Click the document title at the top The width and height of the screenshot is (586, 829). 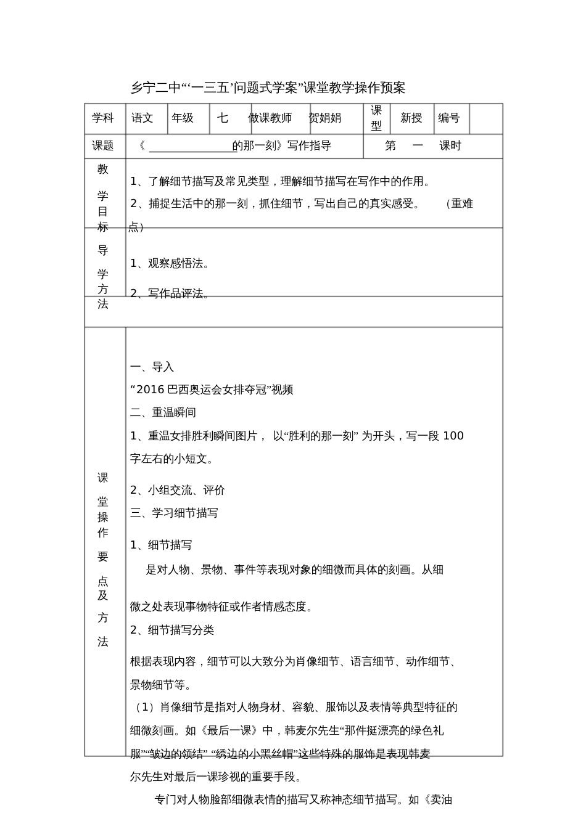click(x=268, y=88)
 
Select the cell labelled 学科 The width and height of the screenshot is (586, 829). click(x=103, y=118)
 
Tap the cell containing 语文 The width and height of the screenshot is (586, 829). click(x=142, y=118)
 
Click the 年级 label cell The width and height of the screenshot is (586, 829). click(x=183, y=118)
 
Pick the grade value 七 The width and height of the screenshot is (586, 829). click(x=223, y=118)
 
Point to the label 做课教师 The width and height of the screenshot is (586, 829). click(x=270, y=118)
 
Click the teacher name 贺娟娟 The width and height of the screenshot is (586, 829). click(x=325, y=118)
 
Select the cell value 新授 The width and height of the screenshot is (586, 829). click(x=411, y=118)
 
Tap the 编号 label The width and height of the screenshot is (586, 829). click(x=449, y=118)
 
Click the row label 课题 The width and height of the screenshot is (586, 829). click(x=103, y=146)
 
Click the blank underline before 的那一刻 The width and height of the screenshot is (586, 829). click(x=189, y=146)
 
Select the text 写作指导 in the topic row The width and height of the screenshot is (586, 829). click(x=310, y=146)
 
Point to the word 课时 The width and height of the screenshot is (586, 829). click(x=450, y=146)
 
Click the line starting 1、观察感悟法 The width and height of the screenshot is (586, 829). click(x=170, y=264)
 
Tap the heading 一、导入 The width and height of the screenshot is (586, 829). click(x=152, y=367)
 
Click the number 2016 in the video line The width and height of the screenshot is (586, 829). click(x=151, y=390)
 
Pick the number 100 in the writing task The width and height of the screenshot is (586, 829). click(x=453, y=436)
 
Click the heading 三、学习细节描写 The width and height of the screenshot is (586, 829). click(x=175, y=513)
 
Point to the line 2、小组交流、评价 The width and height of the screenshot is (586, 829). click(x=178, y=491)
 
